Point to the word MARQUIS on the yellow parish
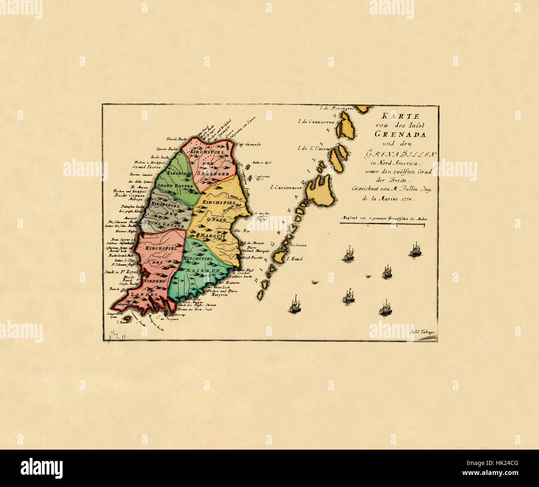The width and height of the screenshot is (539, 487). [x=212, y=235]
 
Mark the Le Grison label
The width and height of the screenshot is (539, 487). [x=299, y=245]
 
